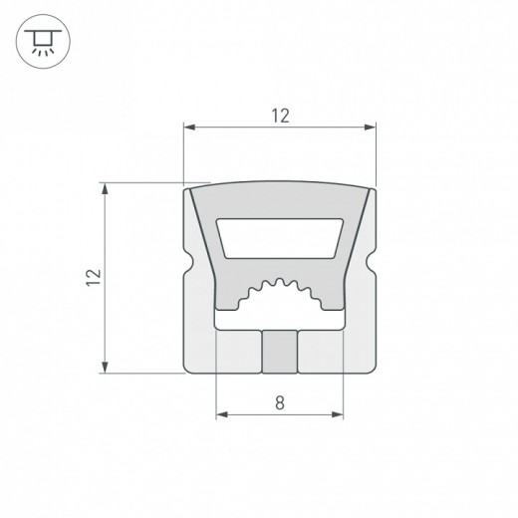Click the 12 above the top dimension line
tap(280, 116)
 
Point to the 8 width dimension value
tap(280, 403)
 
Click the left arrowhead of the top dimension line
tap(190, 128)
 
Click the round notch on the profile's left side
tap(189, 269)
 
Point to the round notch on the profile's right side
tap(373, 269)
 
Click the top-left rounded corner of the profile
tap(190, 192)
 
